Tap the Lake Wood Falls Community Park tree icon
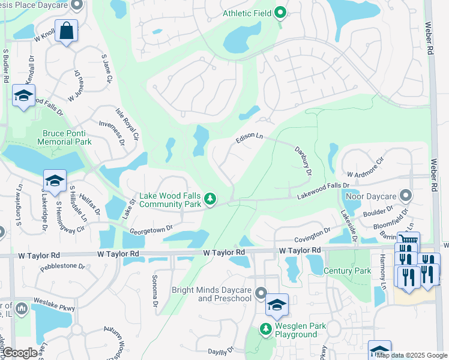tap(209, 198)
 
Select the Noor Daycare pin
tap(406, 195)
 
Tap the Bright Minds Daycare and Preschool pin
tap(261, 293)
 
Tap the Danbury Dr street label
tap(303, 161)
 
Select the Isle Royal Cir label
tap(127, 125)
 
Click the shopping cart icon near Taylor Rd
tap(408, 241)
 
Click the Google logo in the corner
tap(20, 353)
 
